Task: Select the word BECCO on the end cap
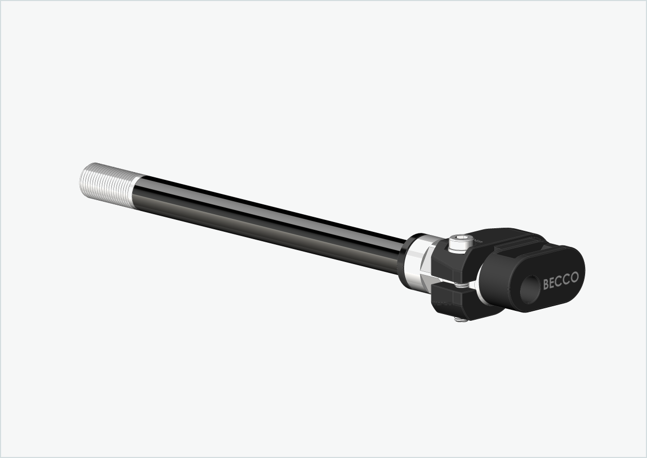point(560,281)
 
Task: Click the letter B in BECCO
point(546,284)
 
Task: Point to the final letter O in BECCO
point(574,277)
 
